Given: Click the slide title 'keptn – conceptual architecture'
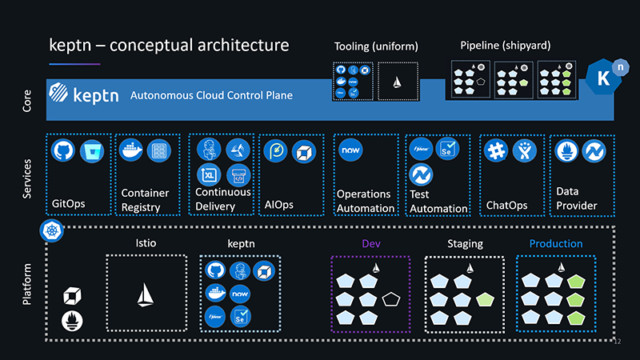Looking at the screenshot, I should (169, 44).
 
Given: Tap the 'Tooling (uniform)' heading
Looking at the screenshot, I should (375, 47).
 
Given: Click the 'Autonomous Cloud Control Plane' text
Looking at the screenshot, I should (211, 95).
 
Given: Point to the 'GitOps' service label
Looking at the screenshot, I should (68, 204).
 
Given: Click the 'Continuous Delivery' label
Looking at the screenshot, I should (222, 199).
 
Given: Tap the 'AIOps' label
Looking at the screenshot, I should (279, 205).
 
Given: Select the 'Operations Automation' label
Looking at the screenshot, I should (365, 201).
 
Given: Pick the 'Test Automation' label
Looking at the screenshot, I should (438, 201).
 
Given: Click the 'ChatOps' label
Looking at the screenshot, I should (506, 206).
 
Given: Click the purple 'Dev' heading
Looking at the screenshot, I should (370, 243).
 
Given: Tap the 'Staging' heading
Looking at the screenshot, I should (465, 243).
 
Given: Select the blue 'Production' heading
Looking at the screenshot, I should (556, 243).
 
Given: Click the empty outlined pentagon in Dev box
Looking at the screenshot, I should (392, 300).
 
